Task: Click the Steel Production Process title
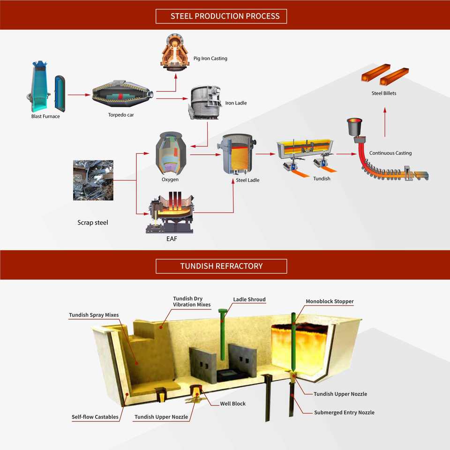225,16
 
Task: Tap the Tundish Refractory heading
221,266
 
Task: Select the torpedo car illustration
122,94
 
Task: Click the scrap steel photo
93,180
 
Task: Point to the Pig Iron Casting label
210,58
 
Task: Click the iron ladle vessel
205,102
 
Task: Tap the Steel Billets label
384,93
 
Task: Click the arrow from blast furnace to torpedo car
79,95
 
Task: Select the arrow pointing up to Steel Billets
385,122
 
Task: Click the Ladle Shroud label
249,300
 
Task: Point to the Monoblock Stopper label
330,301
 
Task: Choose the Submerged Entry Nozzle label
344,412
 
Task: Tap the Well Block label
233,404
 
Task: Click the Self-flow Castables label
95,417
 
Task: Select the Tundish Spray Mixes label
94,315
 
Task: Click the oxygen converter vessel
171,153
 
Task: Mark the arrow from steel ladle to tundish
265,154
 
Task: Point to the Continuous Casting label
390,153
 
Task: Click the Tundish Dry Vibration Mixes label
192,301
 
